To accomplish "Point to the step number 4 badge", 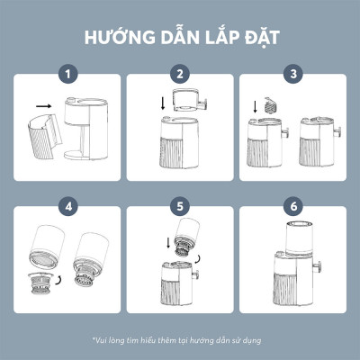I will pyautogui.click(x=67, y=207).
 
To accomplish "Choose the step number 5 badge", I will pyautogui.click(x=180, y=207).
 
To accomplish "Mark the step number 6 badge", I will pyautogui.click(x=292, y=207).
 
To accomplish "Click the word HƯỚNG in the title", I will pyautogui.click(x=115, y=39).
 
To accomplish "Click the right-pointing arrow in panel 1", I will pyautogui.click(x=43, y=106).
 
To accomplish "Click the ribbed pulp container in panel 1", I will pyautogui.click(x=40, y=139).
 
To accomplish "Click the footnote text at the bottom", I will pyautogui.click(x=180, y=339).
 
